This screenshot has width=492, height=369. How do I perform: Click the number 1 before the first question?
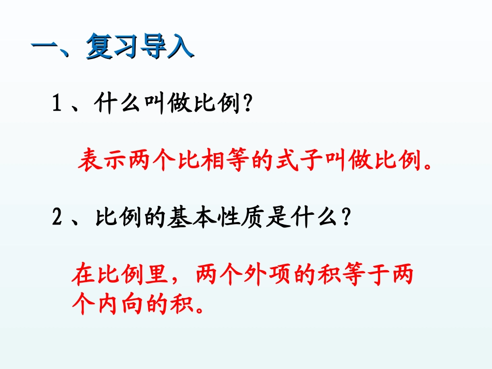pyautogui.click(x=57, y=106)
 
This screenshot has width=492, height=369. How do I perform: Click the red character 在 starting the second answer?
pyautogui.click(x=82, y=275)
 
